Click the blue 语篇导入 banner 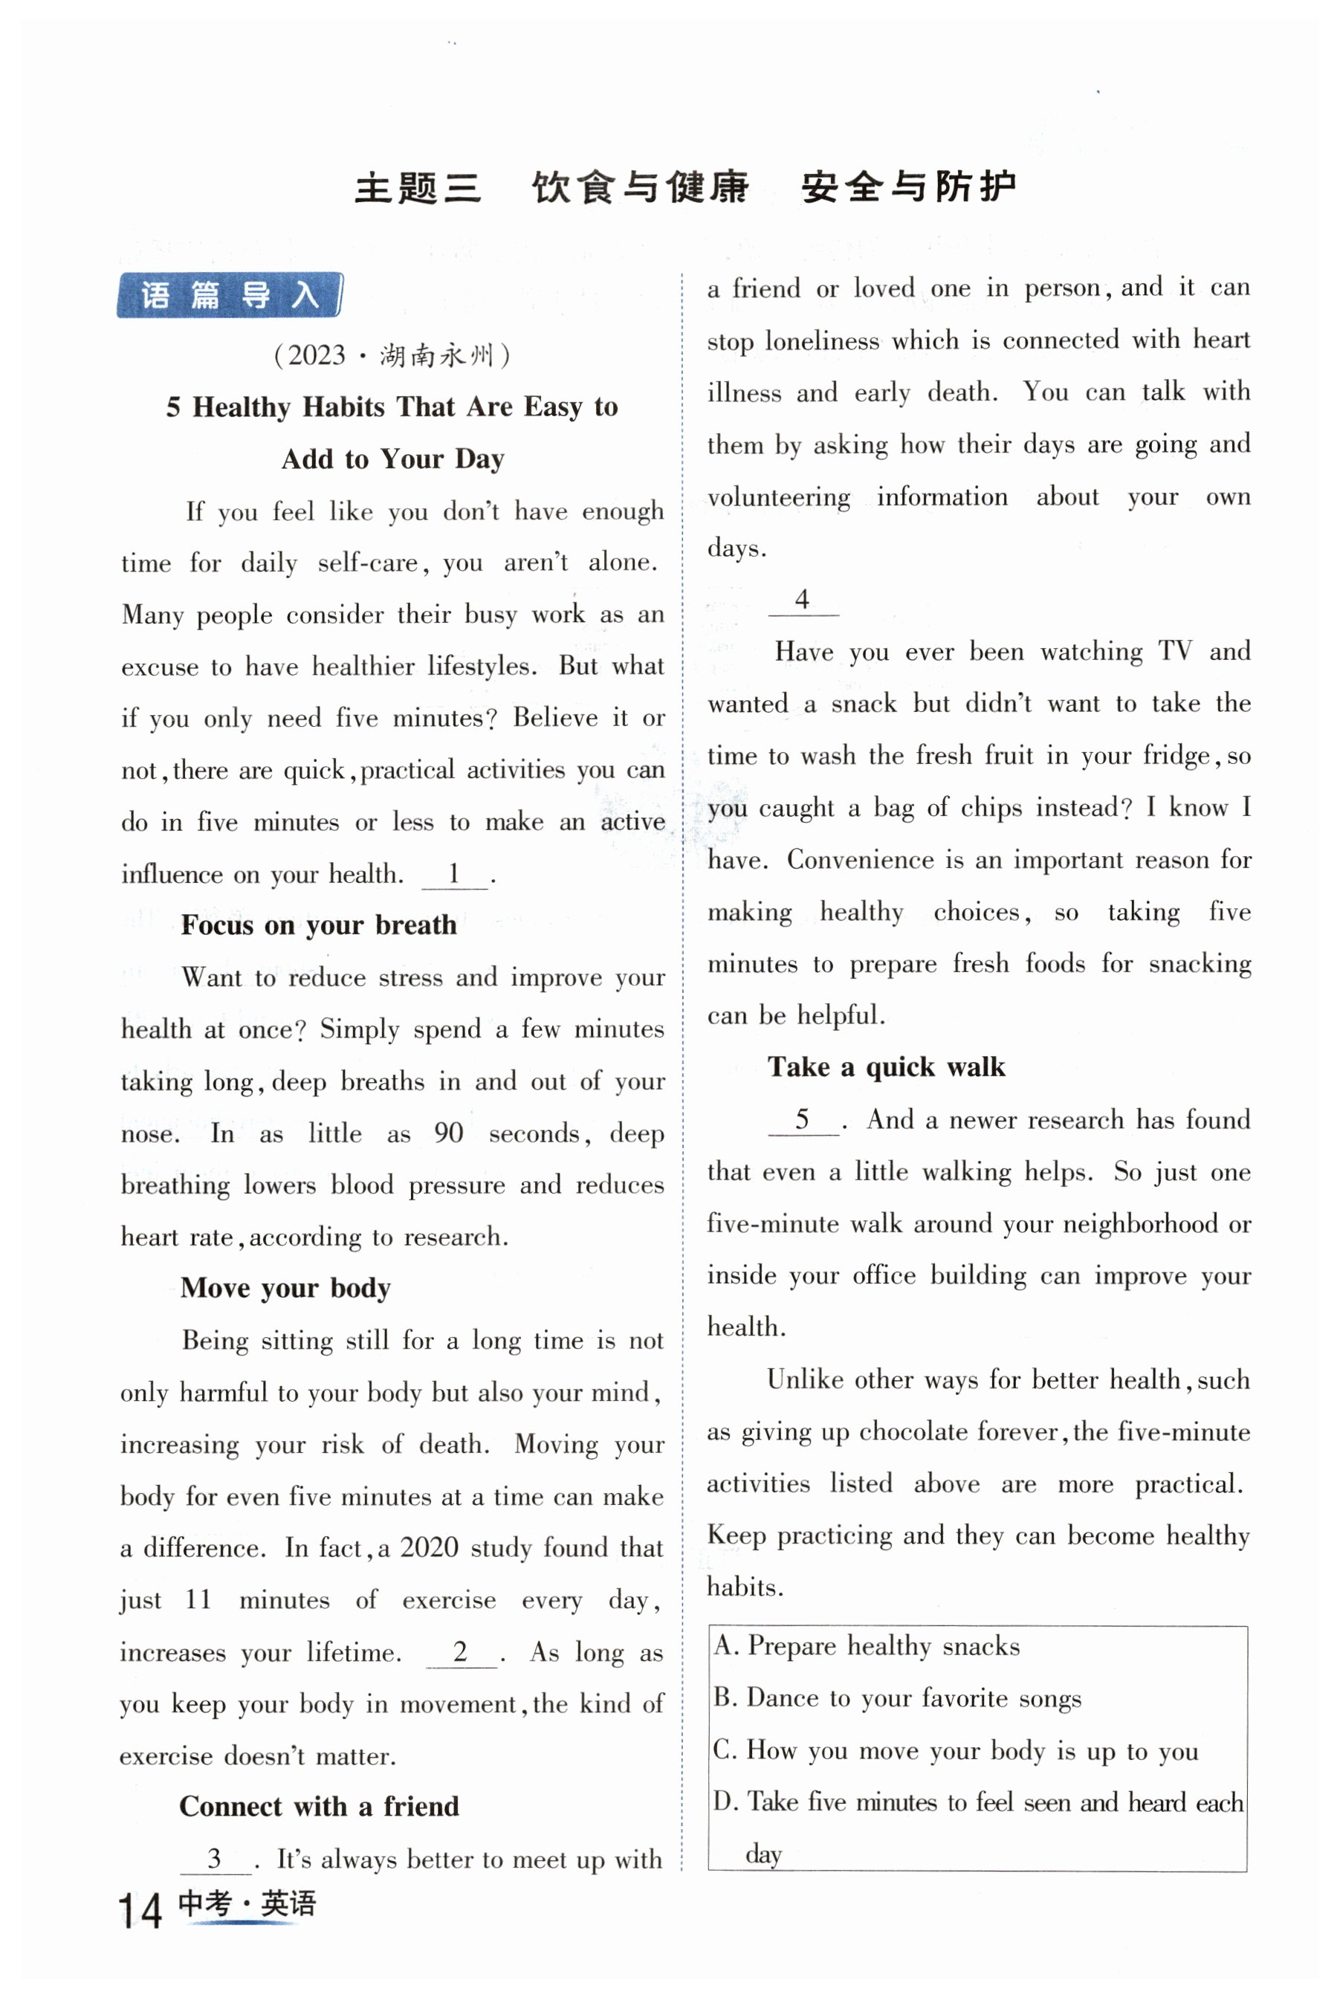229,296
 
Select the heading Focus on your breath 318,925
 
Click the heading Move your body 285,1287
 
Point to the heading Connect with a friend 319,1806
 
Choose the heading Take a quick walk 885,1067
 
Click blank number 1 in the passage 455,874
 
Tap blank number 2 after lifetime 461,1651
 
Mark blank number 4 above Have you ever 802,600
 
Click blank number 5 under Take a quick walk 802,1119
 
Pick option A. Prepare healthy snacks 867,1646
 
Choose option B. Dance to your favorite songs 897,1698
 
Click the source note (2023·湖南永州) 392,355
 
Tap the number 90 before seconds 448,1133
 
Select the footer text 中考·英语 246,1903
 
